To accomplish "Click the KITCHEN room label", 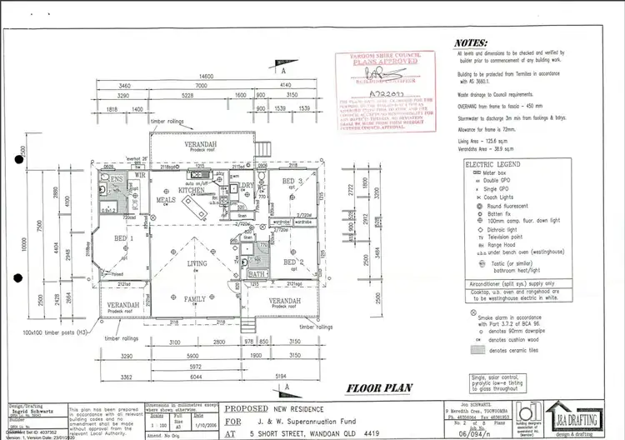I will pyautogui.click(x=191, y=190).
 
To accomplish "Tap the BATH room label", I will pyautogui.click(x=257, y=272).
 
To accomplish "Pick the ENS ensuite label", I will pyautogui.click(x=117, y=179).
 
